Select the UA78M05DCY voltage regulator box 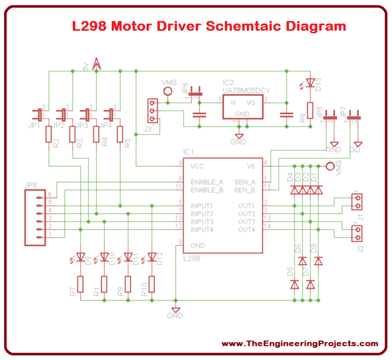coord(242,108)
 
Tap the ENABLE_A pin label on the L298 coord(206,182)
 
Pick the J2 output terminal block coord(357,233)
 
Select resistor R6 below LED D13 coord(310,109)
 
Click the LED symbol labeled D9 coord(80,257)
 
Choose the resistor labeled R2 coord(48,135)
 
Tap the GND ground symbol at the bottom coord(175,310)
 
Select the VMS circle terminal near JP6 coord(167,91)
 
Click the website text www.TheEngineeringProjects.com coord(300,343)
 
